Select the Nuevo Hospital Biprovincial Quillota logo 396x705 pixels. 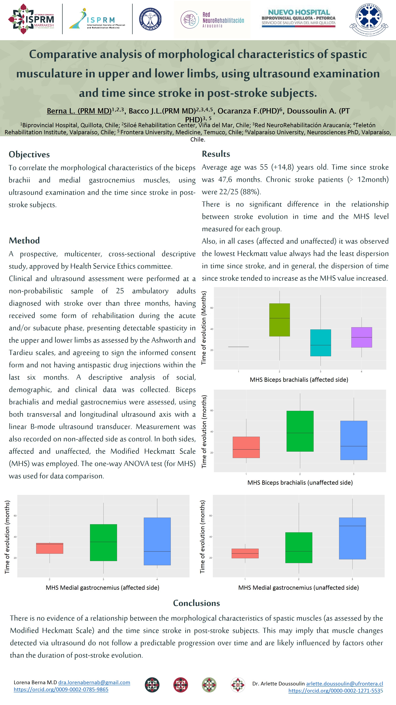point(298,18)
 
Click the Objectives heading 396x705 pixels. point(29,154)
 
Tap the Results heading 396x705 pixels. point(216,154)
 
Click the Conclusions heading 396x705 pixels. point(196,603)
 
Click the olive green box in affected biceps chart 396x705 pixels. point(279,320)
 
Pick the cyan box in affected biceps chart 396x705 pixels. point(320,343)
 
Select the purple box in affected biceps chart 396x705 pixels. point(361,337)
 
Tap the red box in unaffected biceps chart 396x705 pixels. point(246,447)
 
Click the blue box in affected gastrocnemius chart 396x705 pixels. point(157,541)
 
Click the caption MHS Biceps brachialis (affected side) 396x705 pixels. point(299,380)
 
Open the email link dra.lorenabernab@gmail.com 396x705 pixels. point(94,682)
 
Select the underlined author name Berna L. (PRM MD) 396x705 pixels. point(79,111)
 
